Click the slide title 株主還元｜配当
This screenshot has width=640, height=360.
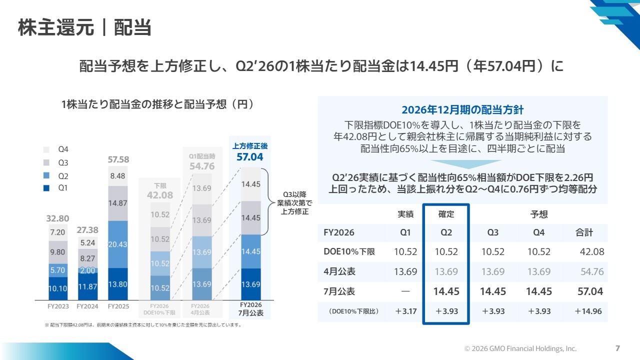84,27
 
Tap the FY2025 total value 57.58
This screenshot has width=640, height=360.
118,159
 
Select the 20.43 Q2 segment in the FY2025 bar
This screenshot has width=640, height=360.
117,244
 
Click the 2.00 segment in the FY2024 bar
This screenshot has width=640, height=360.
87,270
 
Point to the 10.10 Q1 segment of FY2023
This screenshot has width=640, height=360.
58,288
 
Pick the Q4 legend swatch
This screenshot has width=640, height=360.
46,149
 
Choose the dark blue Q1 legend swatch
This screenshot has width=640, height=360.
46,188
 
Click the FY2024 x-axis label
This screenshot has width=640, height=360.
87,306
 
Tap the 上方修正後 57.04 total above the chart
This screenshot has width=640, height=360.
250,152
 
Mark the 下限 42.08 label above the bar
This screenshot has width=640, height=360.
160,191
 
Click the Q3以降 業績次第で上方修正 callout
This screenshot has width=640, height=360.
294,203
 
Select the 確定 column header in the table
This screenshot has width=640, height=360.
446,214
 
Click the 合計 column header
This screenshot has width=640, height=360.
584,232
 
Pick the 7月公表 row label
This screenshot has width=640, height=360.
339,291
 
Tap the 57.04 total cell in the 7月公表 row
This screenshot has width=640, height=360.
590,291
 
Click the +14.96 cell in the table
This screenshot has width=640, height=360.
588,311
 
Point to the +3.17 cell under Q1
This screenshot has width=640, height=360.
405,311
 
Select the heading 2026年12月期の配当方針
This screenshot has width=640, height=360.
462,110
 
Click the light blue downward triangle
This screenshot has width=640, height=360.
466,164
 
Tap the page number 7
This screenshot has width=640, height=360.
617,348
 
